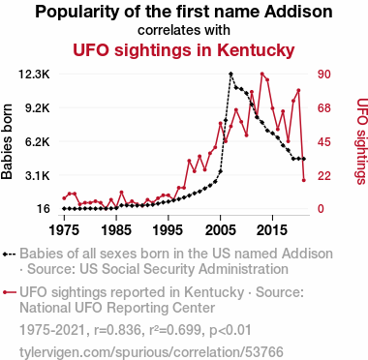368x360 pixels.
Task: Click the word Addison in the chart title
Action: coord(298,12)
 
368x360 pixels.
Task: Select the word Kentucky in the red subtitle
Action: coord(256,50)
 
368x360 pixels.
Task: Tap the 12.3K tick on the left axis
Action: coord(34,75)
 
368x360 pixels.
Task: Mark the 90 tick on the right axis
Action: coord(323,75)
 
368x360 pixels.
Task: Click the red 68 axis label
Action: coord(323,108)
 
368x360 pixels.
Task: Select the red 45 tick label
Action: coord(323,141)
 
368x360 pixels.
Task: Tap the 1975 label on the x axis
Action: coord(64,230)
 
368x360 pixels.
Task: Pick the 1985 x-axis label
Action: coord(116,230)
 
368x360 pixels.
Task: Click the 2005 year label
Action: coord(220,230)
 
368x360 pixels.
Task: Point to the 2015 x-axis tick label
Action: coord(272,230)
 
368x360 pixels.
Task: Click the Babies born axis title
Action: coord(7,141)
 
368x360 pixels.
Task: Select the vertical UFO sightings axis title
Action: coord(362,141)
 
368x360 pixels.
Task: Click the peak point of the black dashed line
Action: coord(230,75)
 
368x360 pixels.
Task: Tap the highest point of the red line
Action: coord(262,74)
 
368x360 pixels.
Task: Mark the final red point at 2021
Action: coord(304,180)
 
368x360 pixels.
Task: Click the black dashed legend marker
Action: coord(9,254)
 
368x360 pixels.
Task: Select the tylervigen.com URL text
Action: coord(151,351)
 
